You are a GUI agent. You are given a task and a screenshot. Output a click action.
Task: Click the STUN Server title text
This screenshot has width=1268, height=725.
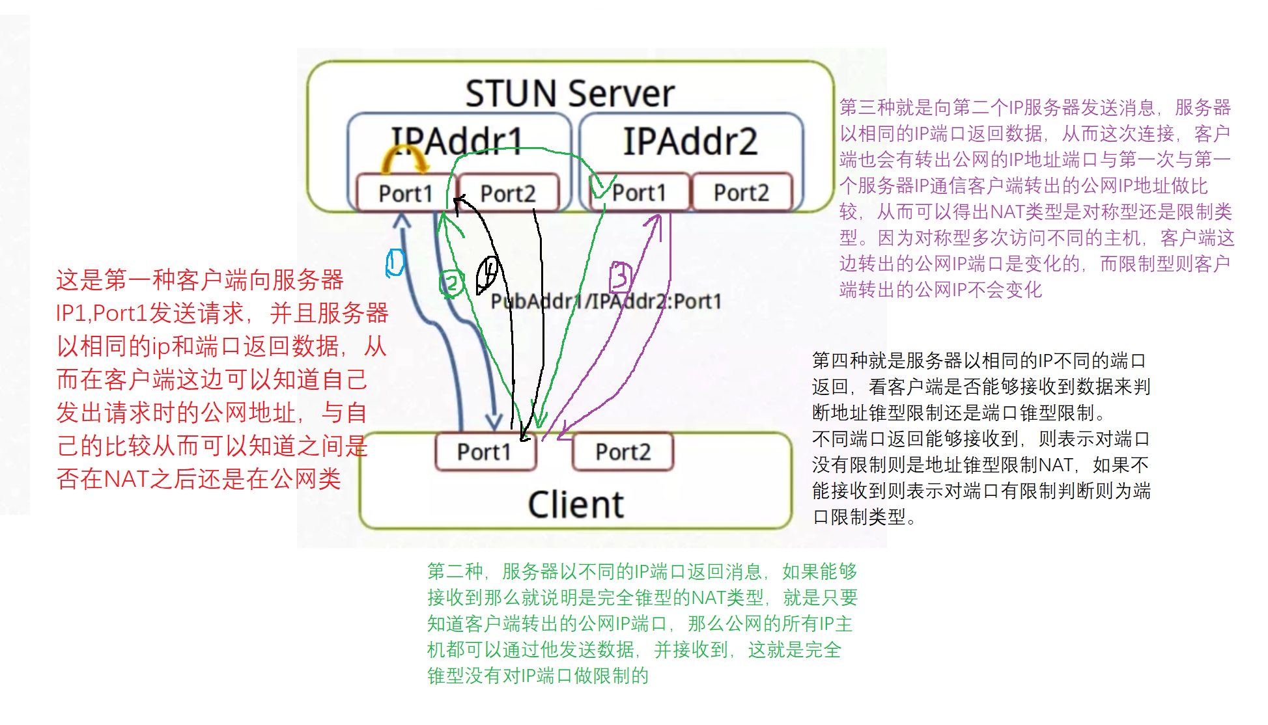pyautogui.click(x=569, y=93)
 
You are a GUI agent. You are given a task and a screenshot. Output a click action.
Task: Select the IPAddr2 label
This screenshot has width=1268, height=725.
pyautogui.click(x=690, y=141)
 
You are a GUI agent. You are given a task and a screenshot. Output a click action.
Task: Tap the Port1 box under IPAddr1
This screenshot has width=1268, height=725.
pyautogui.click(x=404, y=193)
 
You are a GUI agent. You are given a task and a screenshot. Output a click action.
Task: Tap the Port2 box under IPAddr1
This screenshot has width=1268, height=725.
pyautogui.click(x=508, y=193)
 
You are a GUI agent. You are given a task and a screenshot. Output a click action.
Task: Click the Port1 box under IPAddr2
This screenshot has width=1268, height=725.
pyautogui.click(x=639, y=193)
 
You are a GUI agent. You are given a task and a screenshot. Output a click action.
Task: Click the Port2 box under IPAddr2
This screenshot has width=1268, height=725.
pyautogui.click(x=741, y=193)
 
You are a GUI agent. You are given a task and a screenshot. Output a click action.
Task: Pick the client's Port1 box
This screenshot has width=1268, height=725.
pyautogui.click(x=484, y=452)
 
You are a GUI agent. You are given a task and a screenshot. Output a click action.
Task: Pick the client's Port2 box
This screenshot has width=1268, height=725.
pyautogui.click(x=623, y=452)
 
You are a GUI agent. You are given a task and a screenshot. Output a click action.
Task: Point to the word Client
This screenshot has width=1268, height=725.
pyautogui.click(x=576, y=504)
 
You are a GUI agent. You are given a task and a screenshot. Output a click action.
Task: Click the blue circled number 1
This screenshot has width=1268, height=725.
pyautogui.click(x=395, y=263)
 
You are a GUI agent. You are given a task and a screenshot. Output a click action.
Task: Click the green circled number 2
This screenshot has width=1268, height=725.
pyautogui.click(x=451, y=283)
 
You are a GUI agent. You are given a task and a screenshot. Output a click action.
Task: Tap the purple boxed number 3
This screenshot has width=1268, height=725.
pyautogui.click(x=620, y=277)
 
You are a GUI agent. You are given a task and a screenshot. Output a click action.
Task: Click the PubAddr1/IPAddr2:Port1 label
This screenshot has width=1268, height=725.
pyautogui.click(x=606, y=301)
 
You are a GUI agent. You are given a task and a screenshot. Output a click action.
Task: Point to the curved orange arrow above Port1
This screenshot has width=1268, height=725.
pyautogui.click(x=404, y=158)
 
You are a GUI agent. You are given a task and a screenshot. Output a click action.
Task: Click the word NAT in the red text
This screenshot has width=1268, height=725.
pyautogui.click(x=126, y=479)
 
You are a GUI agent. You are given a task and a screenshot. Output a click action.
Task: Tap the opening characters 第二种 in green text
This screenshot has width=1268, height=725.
pyautogui.click(x=455, y=571)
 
